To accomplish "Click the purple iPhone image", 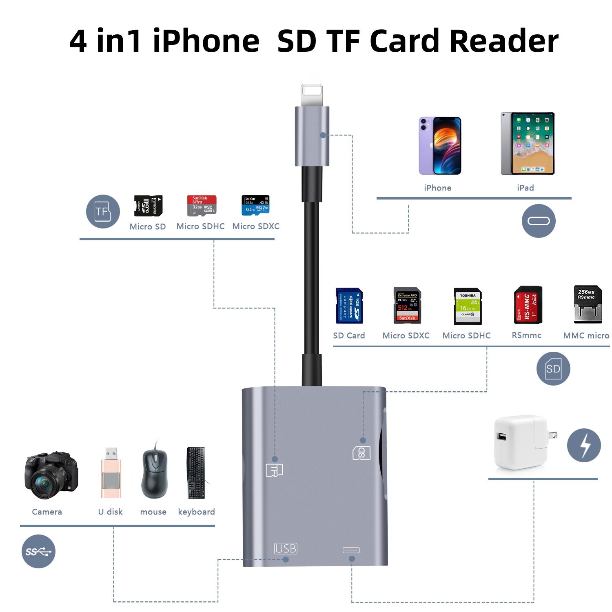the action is tap(440, 146).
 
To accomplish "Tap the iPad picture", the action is tap(528, 144).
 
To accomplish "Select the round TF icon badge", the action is tap(103, 211).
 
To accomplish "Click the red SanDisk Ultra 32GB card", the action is tap(202, 205).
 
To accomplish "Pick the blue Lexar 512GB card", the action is tap(255, 205).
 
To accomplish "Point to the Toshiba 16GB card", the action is tap(468, 306).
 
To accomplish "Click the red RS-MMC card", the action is tap(528, 305).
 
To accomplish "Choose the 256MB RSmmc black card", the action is tap(588, 304).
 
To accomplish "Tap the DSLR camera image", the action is tap(51, 475).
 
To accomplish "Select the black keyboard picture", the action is tap(196, 473).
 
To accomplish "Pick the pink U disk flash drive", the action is tap(111, 473).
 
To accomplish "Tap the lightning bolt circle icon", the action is tap(584, 445).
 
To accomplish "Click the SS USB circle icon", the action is tap(38, 551).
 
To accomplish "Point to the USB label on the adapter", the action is tap(286, 548).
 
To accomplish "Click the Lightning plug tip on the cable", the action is tap(312, 95).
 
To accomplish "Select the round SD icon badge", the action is tap(553, 368).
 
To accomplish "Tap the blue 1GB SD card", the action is tap(349, 306).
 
